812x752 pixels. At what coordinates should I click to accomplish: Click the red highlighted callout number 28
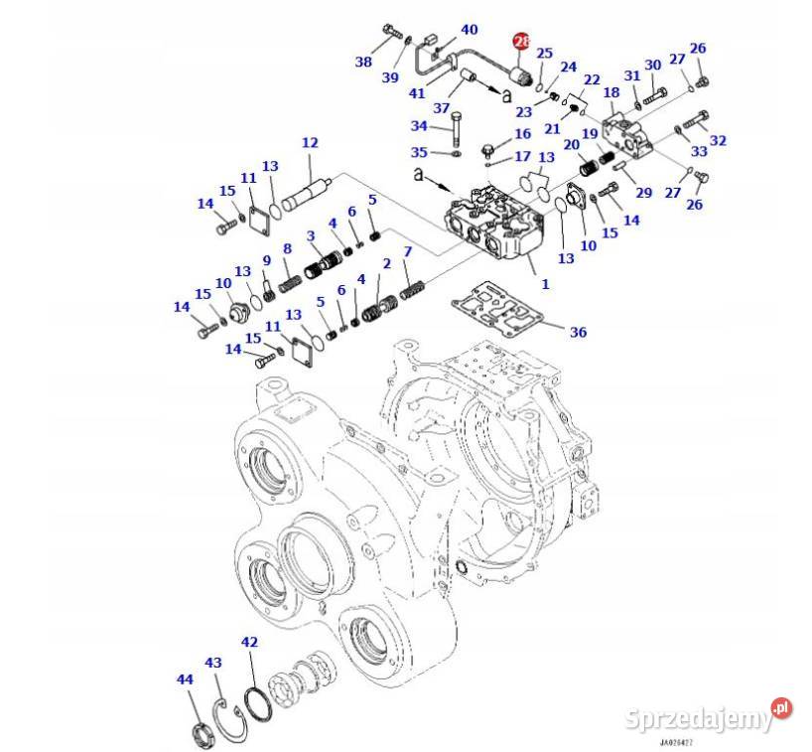(x=521, y=42)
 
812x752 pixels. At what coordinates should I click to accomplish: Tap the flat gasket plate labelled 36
(x=496, y=308)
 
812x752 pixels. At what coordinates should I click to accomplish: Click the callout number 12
(x=310, y=143)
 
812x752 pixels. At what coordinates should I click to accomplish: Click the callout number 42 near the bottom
(x=248, y=643)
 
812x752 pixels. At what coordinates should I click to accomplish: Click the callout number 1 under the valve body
(x=544, y=284)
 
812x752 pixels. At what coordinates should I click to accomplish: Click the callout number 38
(x=363, y=62)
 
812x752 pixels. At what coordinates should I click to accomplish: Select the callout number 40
(x=469, y=30)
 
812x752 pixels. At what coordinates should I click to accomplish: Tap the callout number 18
(x=610, y=91)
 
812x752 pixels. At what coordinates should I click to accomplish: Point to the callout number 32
(x=718, y=140)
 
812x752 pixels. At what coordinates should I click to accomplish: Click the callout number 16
(x=522, y=134)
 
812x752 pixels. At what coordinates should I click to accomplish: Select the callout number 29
(x=643, y=192)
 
